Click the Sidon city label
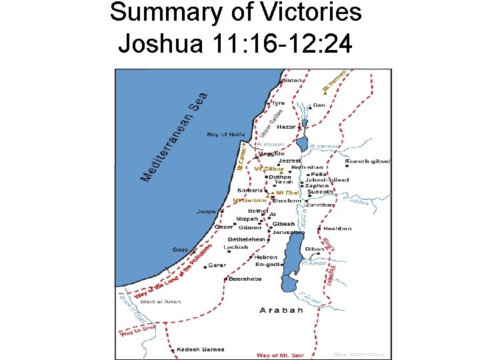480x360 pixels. coord(293,80)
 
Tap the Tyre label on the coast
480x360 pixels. coord(277,103)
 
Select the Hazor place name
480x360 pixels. coord(286,126)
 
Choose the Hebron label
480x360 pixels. coord(265,257)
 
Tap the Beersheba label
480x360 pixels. coord(243,280)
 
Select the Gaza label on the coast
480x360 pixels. coord(180,249)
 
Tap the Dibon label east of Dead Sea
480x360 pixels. coord(314,249)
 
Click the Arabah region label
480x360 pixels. coord(281,310)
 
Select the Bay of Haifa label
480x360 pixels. coord(226,135)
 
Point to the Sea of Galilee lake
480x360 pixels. coord(302,144)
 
